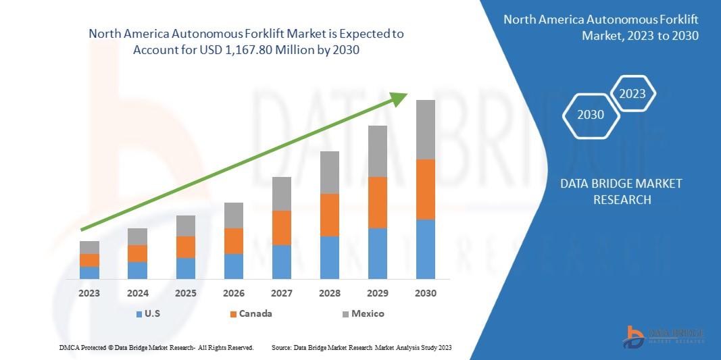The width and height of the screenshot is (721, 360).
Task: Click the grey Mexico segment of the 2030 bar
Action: point(425,130)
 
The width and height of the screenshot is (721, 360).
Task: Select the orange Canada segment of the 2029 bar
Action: point(377,203)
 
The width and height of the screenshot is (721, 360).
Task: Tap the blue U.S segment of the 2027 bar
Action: point(282,262)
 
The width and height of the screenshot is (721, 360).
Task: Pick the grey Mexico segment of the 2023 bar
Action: point(89,247)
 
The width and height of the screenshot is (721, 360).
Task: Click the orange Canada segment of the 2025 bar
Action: point(186,247)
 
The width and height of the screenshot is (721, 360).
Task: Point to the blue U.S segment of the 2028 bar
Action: point(329,257)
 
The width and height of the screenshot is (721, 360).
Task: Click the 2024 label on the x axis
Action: point(137,294)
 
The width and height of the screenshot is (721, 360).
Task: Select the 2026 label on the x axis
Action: point(233,294)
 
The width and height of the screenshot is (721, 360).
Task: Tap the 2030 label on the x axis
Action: point(425,294)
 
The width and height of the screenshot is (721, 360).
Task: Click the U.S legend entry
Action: point(149,314)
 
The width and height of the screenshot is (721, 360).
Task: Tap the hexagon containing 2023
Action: point(633,94)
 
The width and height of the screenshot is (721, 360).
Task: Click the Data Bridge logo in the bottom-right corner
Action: point(664,336)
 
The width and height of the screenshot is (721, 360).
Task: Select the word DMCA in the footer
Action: point(70,347)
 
